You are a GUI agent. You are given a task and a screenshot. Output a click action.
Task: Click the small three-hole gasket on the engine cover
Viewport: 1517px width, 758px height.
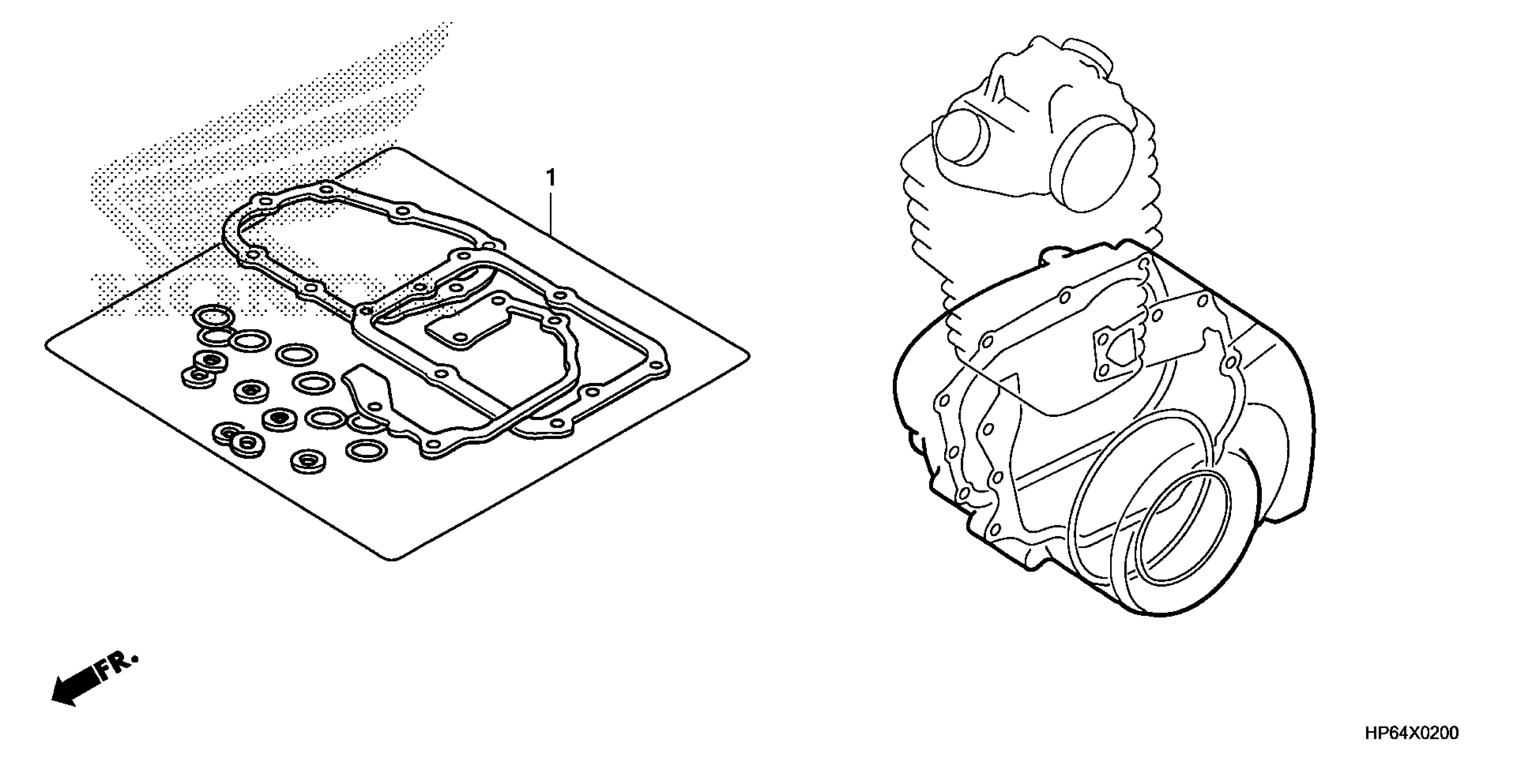coord(1114,351)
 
